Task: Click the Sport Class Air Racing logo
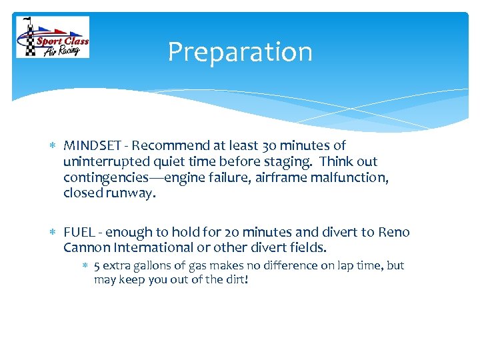click(53, 37)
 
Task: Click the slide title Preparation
click(239, 52)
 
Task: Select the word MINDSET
click(89, 145)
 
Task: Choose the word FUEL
click(78, 233)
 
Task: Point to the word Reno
click(393, 233)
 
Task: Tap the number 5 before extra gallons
click(97, 266)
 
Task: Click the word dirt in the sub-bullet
click(235, 280)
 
